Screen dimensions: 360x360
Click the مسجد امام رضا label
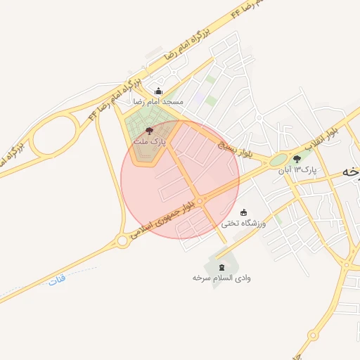pyautogui.click(x=159, y=102)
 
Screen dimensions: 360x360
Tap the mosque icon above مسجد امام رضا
pyautogui.click(x=158, y=91)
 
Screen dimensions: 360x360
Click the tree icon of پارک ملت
pyautogui.click(x=148, y=131)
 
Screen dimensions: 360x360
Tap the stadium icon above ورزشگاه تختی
pyautogui.click(x=243, y=212)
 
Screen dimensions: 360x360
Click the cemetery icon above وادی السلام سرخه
pyautogui.click(x=222, y=266)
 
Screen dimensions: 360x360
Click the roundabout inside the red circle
pyautogui.click(x=200, y=202)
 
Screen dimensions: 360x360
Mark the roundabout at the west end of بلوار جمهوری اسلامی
pyautogui.click(x=122, y=240)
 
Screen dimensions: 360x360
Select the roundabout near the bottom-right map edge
pyautogui.click(x=347, y=265)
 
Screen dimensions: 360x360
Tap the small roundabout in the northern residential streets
pyautogui.click(x=259, y=118)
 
